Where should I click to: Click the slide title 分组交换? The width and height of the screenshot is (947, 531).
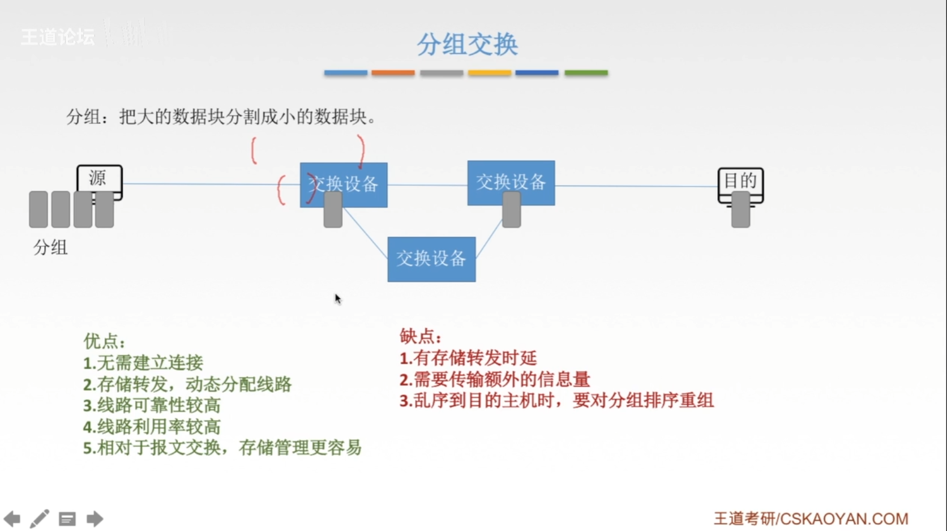click(x=468, y=44)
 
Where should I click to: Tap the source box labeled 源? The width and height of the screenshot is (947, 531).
click(x=99, y=179)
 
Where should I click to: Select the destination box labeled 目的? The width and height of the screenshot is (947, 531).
click(x=740, y=181)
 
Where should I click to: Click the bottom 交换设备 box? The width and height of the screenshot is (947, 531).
click(x=431, y=259)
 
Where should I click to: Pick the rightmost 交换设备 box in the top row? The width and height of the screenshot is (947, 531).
click(x=511, y=182)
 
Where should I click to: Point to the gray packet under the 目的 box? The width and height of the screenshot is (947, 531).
click(x=740, y=211)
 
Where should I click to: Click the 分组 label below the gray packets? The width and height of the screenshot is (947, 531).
click(x=50, y=247)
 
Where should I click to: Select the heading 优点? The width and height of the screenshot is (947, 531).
click(x=104, y=341)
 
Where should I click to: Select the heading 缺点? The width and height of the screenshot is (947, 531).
click(x=420, y=336)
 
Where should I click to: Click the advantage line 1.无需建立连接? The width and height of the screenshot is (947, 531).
click(x=143, y=362)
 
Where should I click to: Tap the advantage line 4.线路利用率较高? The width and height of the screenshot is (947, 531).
click(x=152, y=426)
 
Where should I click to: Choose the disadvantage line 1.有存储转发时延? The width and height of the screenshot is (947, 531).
click(x=468, y=358)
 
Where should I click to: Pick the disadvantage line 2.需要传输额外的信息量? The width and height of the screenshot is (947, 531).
click(x=495, y=379)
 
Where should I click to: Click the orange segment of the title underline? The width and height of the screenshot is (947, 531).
click(x=393, y=73)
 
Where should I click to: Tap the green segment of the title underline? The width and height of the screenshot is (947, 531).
click(x=586, y=73)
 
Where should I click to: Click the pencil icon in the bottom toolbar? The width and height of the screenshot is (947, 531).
click(x=39, y=519)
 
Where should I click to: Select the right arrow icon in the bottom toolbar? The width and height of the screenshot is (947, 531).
click(x=95, y=519)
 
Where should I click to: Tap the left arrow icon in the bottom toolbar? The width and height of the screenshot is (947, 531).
click(x=12, y=519)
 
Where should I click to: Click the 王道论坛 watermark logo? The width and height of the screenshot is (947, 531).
click(x=58, y=37)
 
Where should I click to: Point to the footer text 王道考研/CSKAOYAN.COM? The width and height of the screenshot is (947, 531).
click(x=811, y=519)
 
